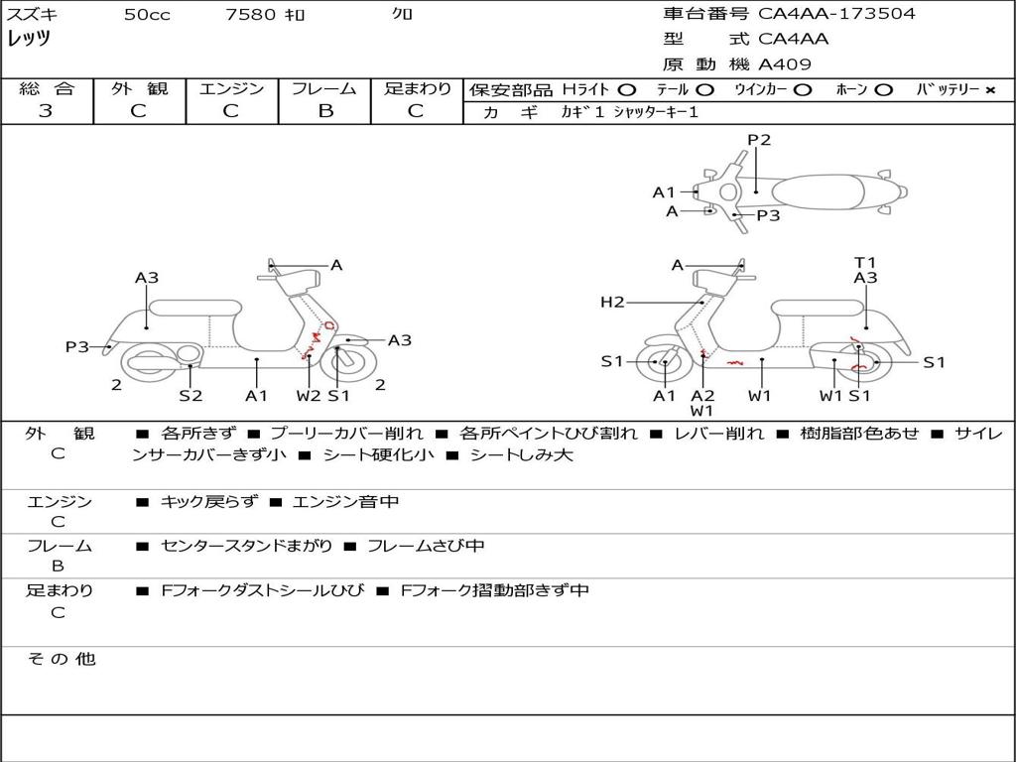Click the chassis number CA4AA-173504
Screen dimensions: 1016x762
(x=836, y=14)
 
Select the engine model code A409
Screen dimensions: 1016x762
(x=785, y=65)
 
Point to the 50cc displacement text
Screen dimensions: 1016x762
(x=147, y=15)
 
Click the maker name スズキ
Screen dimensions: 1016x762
(x=33, y=15)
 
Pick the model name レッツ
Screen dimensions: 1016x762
(x=29, y=39)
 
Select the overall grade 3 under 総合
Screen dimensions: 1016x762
(x=46, y=111)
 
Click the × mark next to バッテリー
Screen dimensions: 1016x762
(x=989, y=89)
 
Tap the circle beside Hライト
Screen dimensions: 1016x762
(x=627, y=89)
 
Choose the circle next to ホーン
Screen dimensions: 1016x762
(x=883, y=89)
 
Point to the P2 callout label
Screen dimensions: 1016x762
(x=759, y=140)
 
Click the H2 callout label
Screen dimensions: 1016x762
(x=612, y=302)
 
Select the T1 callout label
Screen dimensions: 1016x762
(x=865, y=263)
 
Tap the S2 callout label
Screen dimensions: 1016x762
(x=190, y=395)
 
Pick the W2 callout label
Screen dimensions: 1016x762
(x=309, y=395)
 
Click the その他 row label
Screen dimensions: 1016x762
(x=61, y=659)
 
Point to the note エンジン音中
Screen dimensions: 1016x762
(x=345, y=502)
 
